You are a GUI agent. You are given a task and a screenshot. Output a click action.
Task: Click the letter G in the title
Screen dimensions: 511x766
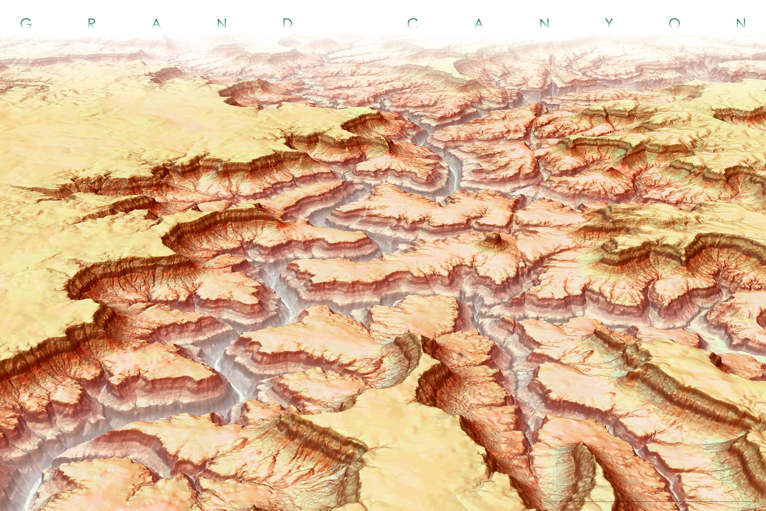click(26, 23)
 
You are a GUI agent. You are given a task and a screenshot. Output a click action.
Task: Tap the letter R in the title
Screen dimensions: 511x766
click(91, 23)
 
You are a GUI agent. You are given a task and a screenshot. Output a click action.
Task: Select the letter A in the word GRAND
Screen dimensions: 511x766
click(156, 23)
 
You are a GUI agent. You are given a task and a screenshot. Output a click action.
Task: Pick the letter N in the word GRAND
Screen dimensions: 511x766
click(222, 23)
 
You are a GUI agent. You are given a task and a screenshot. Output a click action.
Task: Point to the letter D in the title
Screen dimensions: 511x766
click(287, 23)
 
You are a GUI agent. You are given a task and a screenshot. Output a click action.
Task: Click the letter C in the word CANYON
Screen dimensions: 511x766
click(413, 23)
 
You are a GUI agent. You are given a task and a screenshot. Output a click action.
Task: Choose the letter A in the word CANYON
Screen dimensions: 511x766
click(479, 23)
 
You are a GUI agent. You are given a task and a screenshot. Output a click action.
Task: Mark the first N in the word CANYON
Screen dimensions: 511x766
click(544, 23)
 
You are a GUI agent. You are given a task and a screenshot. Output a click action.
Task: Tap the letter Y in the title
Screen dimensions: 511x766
click(609, 23)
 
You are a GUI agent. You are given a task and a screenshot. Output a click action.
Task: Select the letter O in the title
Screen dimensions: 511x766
click(675, 23)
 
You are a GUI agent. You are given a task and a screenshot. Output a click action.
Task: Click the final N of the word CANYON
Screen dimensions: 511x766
click(740, 23)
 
